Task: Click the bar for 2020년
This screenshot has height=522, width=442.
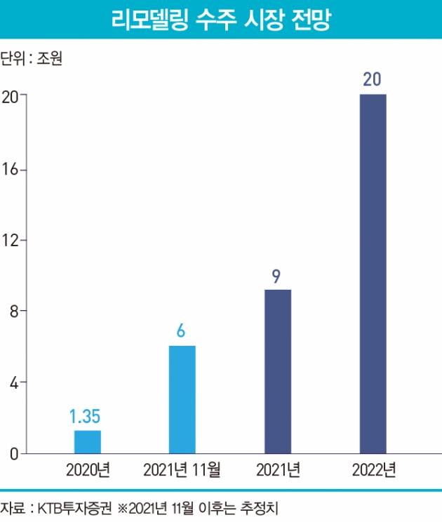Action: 87,441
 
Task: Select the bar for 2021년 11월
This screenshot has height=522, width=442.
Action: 182,399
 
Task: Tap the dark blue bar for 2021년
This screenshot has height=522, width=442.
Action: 277,371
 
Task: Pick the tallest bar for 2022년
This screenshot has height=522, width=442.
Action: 373,274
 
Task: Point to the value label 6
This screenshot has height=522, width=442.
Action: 180,331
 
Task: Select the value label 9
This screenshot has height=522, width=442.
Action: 276,275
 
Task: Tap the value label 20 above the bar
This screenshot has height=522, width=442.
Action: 372,79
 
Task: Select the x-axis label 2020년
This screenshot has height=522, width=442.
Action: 86,469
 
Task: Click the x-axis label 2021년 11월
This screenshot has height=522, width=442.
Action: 182,469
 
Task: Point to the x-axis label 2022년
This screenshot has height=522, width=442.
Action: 373,469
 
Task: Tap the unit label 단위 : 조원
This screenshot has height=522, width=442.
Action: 32,59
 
